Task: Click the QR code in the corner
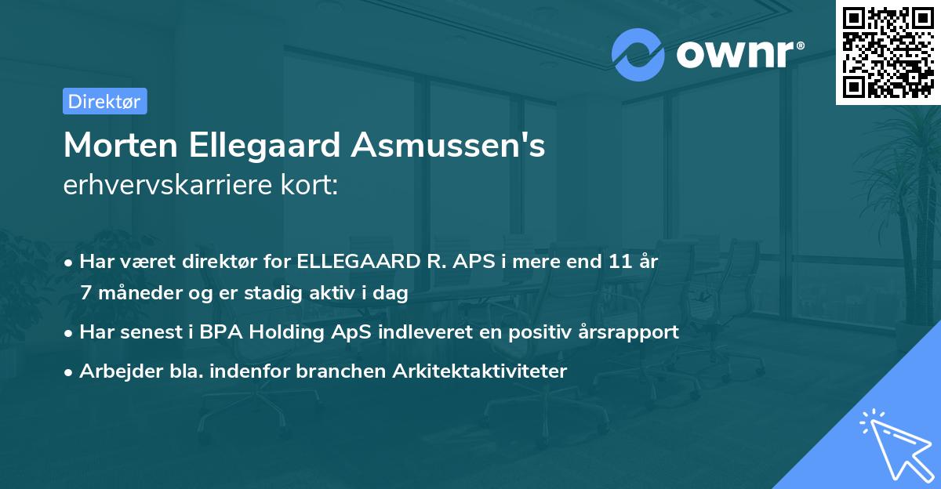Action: click(x=888, y=52)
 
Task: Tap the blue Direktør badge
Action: click(x=104, y=101)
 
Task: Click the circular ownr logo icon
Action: click(x=638, y=54)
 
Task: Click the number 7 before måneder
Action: click(x=85, y=294)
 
